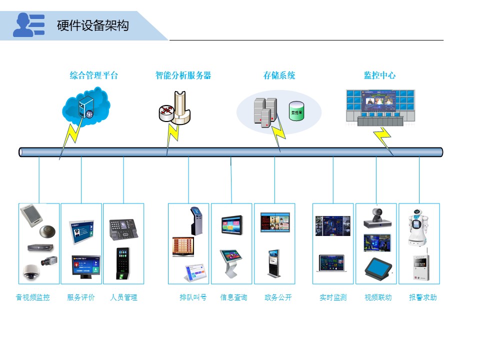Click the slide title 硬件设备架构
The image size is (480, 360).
(x=92, y=25)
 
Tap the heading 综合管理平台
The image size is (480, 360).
(x=94, y=75)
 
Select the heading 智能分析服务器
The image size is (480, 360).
(x=183, y=75)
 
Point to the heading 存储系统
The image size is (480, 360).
(x=279, y=75)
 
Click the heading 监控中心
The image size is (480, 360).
(x=379, y=75)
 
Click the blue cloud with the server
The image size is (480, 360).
(x=86, y=107)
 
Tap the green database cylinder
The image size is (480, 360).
(x=296, y=110)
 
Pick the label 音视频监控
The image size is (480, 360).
(x=33, y=297)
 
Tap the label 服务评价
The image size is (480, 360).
(x=81, y=297)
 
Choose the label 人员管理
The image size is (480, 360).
(x=123, y=297)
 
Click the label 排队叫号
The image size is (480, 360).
(x=193, y=297)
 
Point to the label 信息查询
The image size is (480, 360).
(x=233, y=297)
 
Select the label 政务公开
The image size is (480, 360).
(x=278, y=297)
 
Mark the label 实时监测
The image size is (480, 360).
(x=333, y=297)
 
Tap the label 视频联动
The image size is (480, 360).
(x=378, y=297)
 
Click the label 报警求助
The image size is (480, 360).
(x=423, y=297)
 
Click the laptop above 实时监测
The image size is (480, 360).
(x=331, y=263)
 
